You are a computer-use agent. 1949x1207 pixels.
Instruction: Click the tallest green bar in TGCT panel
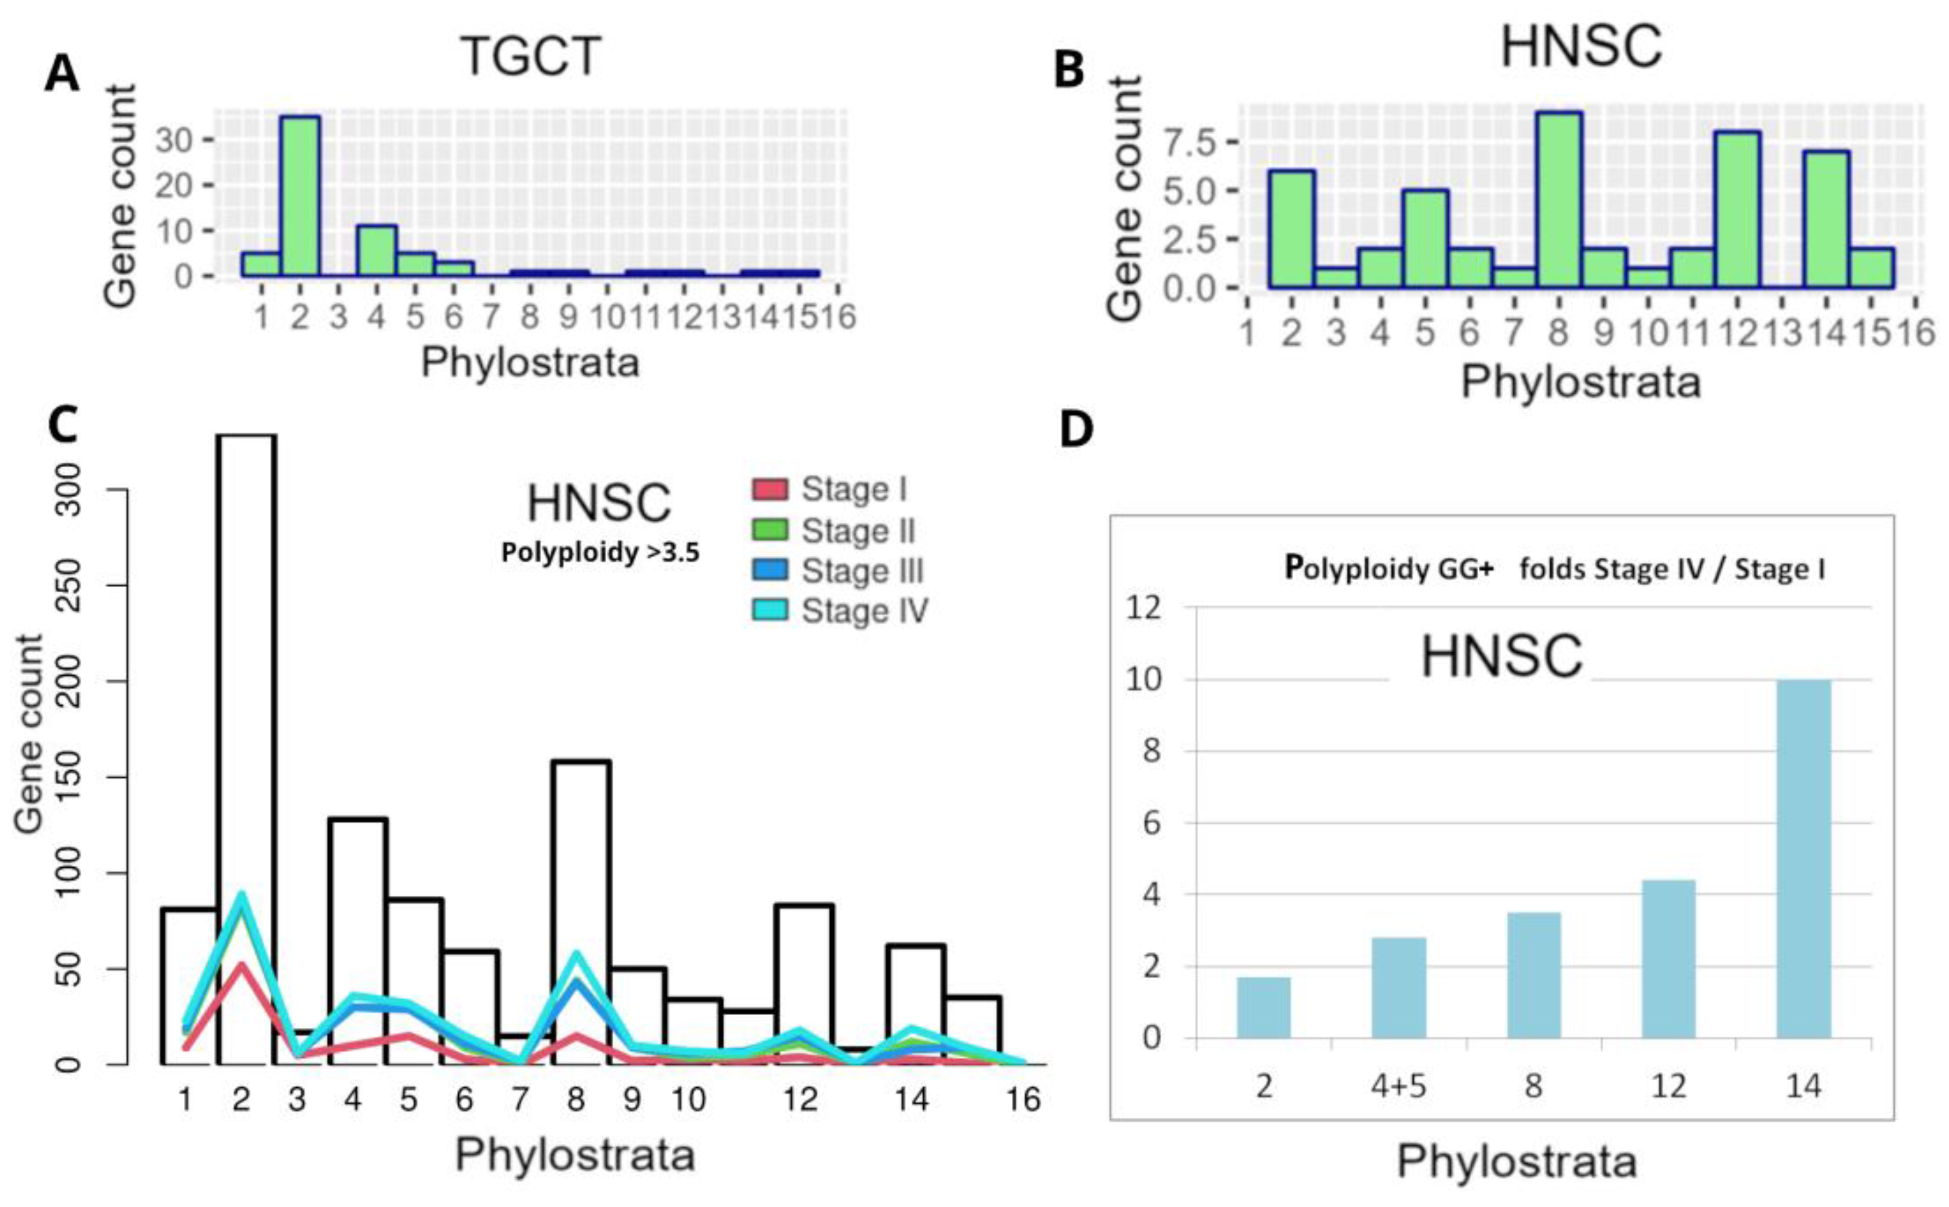pos(300,195)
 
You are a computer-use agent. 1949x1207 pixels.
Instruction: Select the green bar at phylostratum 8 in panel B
pos(1558,199)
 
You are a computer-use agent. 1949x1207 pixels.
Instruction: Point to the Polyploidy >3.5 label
pos(600,553)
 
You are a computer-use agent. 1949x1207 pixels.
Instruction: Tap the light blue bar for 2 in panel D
pos(1263,1008)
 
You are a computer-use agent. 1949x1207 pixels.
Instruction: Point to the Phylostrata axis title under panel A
pos(530,362)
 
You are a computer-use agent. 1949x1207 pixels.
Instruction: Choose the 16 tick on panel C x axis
pos(1023,1100)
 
